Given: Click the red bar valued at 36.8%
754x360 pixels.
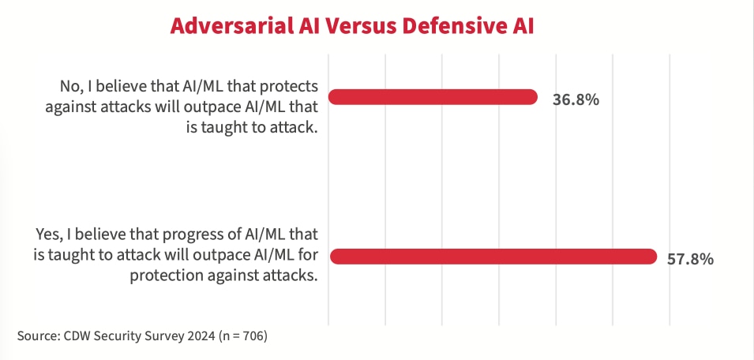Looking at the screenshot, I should click(x=433, y=98).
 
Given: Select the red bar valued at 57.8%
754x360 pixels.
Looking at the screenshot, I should click(x=493, y=257).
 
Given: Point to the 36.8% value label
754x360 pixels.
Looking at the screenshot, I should click(x=576, y=99).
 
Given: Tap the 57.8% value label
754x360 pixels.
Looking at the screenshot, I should click(x=690, y=258).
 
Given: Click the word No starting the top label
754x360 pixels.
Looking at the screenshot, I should click(x=69, y=84).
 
